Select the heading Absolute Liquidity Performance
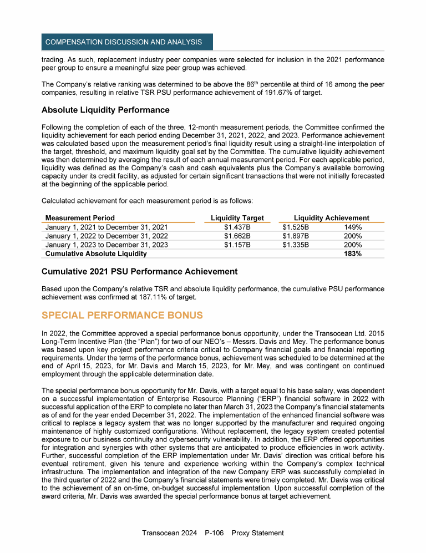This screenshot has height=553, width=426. (105, 110)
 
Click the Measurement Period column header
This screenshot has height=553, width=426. (80, 218)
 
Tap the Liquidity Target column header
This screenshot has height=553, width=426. (237, 218)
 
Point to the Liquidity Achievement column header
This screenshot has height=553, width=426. (331, 218)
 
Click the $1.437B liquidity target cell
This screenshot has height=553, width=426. (237, 227)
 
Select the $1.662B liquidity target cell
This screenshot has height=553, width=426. (237, 236)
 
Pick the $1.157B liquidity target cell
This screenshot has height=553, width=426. (237, 245)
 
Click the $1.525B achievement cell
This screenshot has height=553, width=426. (296, 227)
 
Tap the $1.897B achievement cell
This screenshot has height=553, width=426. (296, 236)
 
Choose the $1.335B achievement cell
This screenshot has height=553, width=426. (296, 245)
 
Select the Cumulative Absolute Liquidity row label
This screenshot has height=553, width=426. (96, 253)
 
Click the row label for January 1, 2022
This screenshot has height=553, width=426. (106, 236)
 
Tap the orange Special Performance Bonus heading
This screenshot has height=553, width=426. (122, 315)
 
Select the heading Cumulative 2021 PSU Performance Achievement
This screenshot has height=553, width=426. (139, 272)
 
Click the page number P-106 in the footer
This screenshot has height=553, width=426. (213, 533)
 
